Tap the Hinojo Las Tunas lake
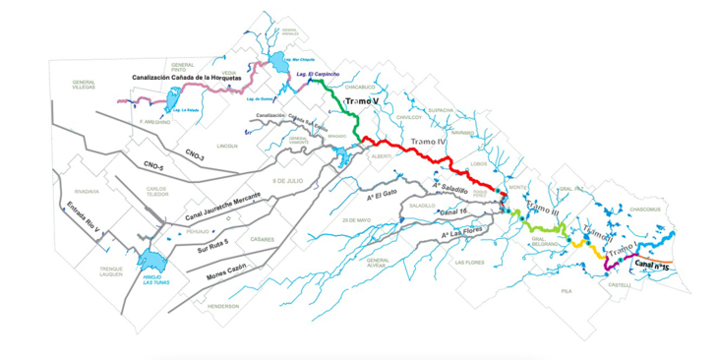[154, 261]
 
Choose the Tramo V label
[363, 102]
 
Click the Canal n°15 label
[654, 266]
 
